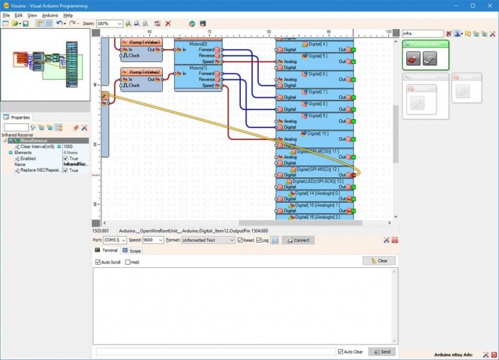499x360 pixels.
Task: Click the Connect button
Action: (298, 240)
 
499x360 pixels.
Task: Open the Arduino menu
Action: (50, 15)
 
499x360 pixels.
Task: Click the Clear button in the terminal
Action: (379, 261)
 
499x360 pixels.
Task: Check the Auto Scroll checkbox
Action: (97, 262)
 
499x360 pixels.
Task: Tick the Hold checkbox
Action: (127, 262)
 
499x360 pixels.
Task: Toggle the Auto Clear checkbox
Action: (340, 351)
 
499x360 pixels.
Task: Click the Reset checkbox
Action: (240, 240)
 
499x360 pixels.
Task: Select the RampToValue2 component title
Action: (141, 71)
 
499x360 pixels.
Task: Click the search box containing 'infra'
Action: (422, 33)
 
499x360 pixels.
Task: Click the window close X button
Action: (490, 5)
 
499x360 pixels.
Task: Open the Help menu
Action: (67, 15)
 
